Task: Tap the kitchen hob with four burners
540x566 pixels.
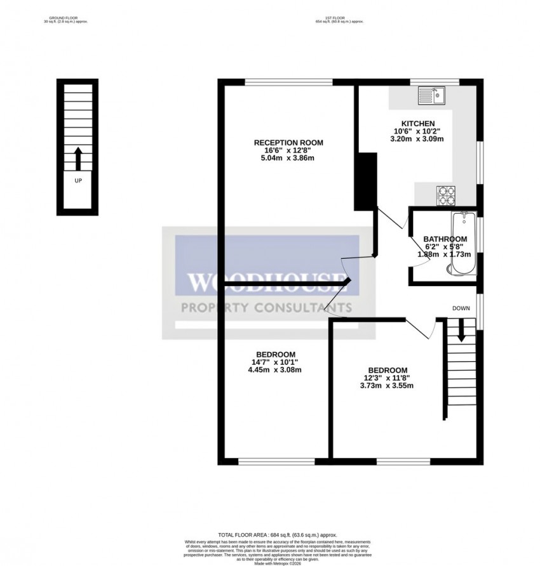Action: point(445,195)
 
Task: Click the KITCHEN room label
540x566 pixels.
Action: point(417,123)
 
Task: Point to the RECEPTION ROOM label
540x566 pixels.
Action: point(288,143)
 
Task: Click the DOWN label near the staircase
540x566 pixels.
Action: point(461,308)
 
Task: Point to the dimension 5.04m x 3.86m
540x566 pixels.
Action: point(288,158)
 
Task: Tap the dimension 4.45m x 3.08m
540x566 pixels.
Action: point(275,370)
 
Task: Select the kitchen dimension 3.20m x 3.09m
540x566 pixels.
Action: point(417,138)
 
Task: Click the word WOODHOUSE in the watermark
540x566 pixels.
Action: point(267,283)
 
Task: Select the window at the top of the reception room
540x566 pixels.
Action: point(289,82)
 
